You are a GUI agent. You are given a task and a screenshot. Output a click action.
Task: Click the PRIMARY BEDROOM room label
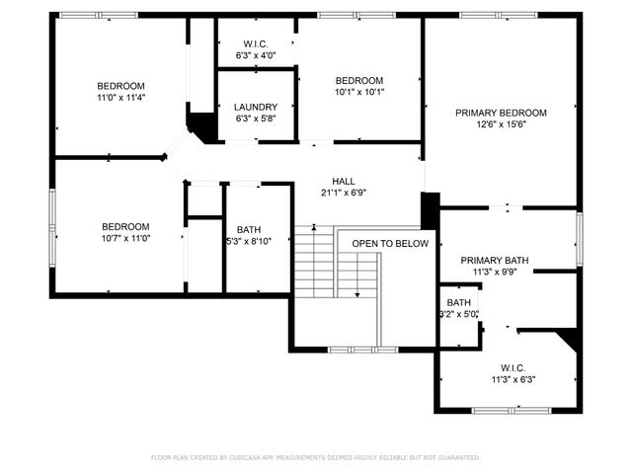501,113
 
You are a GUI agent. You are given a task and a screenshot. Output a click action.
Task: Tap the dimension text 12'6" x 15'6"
501,124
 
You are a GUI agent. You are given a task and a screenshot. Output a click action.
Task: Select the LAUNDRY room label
256,107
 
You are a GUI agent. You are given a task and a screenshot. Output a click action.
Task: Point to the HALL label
344,181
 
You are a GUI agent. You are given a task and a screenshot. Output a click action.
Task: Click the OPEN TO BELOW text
390,243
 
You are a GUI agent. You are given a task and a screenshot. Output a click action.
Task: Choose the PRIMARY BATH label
495,261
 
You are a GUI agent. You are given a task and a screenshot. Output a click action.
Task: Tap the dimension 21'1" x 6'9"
344,193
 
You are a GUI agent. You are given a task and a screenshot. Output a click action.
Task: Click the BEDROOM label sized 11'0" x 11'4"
121,86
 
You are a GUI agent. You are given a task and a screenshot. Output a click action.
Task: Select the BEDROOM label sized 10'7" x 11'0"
125,226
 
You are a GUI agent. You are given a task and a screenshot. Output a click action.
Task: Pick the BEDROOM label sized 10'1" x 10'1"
359,80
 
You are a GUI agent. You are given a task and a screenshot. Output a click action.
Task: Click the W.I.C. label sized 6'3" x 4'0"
256,43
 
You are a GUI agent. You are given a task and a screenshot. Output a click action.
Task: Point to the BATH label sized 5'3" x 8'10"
248,229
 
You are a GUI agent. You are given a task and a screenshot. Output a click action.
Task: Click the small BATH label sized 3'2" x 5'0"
458,303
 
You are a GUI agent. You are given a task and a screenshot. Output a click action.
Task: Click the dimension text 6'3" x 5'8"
256,118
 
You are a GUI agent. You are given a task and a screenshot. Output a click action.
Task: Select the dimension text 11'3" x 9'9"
495,273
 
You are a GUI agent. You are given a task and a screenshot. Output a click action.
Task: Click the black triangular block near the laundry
202,125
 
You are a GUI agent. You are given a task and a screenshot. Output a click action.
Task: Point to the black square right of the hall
430,209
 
